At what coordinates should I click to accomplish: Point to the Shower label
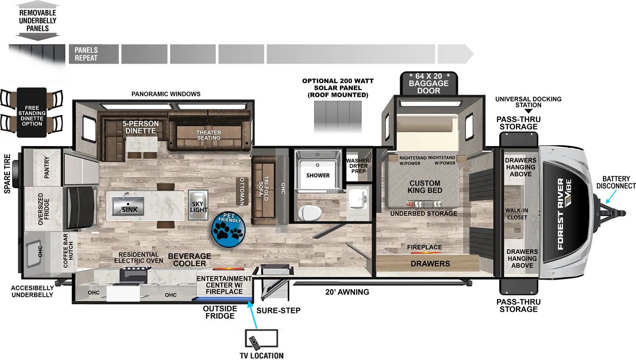318,175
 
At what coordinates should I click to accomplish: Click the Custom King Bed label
425,187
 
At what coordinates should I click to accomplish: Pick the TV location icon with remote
261,339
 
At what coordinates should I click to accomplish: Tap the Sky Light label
198,206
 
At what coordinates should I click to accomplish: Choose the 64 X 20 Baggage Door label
429,83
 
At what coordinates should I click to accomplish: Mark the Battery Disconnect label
616,182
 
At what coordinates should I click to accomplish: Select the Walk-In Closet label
517,214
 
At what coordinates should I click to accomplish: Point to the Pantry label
47,167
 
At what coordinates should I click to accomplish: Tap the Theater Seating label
208,135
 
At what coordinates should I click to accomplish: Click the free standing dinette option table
32,113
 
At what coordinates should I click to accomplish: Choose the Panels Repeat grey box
94,54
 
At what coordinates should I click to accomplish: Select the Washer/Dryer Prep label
358,166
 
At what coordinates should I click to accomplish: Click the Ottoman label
242,191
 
